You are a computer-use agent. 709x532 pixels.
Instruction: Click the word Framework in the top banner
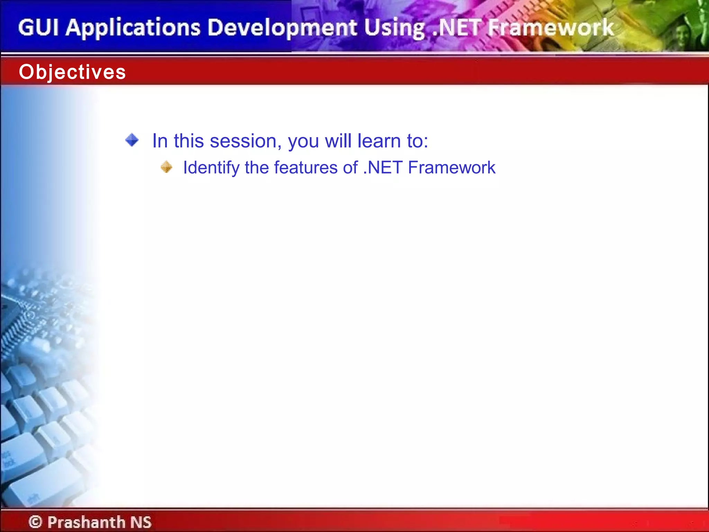(550, 28)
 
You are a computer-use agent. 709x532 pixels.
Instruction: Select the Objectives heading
(72, 72)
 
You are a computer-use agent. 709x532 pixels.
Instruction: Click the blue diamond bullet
(132, 140)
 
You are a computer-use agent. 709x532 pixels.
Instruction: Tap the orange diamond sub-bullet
(167, 167)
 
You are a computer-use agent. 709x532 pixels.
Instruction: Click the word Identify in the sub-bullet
(211, 168)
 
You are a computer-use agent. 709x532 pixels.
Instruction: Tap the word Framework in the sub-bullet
(452, 168)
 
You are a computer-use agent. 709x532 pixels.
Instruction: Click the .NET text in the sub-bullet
(383, 168)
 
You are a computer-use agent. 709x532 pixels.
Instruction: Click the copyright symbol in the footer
(35, 522)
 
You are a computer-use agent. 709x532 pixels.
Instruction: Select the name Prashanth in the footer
(86, 522)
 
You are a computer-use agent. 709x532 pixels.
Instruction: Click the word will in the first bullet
(338, 141)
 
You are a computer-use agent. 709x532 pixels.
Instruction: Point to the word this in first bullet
(189, 141)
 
